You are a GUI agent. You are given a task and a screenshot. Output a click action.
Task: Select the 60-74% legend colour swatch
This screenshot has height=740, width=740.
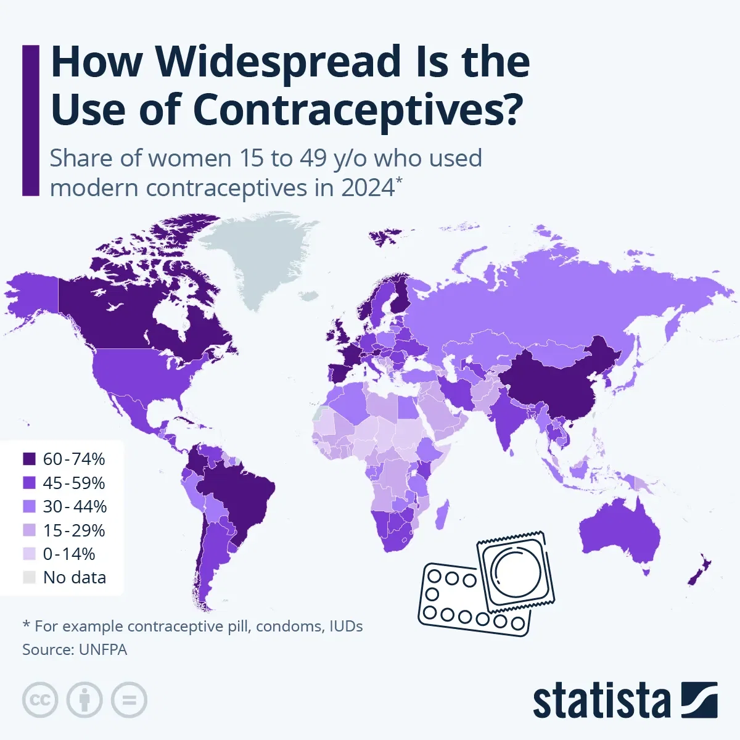click(30, 459)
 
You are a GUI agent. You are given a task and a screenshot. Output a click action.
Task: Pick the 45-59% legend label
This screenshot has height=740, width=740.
click(74, 483)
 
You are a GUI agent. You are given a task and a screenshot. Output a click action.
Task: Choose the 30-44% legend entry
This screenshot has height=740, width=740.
click(74, 506)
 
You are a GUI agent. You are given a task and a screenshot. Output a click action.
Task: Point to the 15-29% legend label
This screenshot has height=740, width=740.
click(74, 530)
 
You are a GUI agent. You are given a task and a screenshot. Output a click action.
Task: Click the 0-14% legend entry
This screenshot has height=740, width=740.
click(68, 554)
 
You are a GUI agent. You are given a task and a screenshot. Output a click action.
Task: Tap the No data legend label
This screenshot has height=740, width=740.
click(74, 578)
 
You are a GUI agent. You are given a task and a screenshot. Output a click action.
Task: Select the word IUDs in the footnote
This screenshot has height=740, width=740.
click(345, 627)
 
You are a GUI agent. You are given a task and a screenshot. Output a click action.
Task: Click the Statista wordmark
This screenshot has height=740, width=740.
click(601, 701)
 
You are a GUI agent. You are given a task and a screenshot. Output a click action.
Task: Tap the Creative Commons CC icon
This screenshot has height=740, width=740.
click(40, 700)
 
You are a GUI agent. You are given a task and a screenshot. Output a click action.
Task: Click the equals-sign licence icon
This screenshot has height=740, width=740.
click(129, 700)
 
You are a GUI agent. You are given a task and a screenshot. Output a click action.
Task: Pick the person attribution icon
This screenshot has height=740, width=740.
click(84, 700)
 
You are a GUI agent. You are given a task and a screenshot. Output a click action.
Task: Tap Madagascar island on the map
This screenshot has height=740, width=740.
click(441, 515)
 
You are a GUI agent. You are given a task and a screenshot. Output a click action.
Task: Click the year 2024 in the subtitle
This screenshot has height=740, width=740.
click(368, 187)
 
